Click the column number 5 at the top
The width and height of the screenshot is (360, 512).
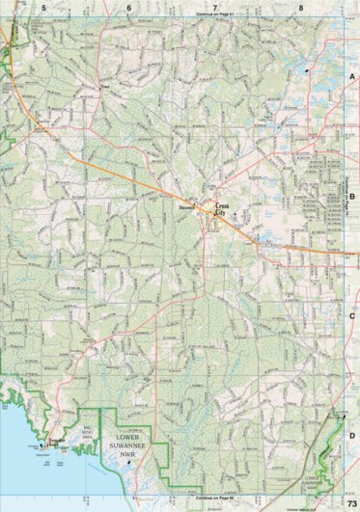pyautogui.click(x=43, y=7)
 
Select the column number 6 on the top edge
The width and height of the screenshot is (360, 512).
pyautogui.click(x=128, y=7)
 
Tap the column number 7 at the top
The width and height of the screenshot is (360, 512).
pyautogui.click(x=214, y=7)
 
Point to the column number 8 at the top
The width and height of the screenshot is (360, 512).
pyautogui.click(x=301, y=7)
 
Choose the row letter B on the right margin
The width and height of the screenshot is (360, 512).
pyautogui.click(x=352, y=195)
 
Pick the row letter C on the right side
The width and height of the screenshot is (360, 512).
pyautogui.click(x=352, y=315)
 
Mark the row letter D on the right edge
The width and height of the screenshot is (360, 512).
pyautogui.click(x=352, y=435)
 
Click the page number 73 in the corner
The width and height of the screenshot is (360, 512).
pyautogui.click(x=351, y=505)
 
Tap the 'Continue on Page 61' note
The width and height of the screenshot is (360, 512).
pyautogui.click(x=215, y=14)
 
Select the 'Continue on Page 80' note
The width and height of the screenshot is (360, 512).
pyautogui.click(x=215, y=498)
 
